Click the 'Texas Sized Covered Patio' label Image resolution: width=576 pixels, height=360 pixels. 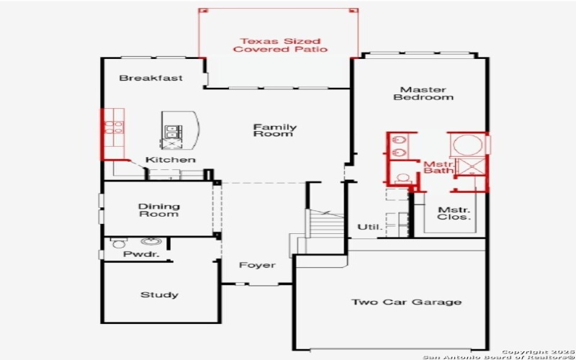[280, 45]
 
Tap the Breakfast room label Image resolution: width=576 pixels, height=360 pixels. [150, 78]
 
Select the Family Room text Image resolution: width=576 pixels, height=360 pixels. [274, 130]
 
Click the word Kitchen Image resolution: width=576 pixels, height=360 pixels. [170, 159]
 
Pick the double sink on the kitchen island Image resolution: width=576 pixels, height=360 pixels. [174, 131]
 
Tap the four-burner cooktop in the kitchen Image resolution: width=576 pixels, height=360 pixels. [114, 128]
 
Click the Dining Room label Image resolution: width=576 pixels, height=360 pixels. [158, 210]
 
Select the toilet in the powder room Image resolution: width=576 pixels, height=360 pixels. [119, 244]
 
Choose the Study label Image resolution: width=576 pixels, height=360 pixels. [159, 294]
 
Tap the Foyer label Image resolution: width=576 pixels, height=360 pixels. [257, 265]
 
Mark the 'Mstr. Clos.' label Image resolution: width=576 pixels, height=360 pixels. [454, 213]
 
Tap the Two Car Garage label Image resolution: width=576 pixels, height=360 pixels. [406, 302]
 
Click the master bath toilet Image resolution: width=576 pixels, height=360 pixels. [403, 179]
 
